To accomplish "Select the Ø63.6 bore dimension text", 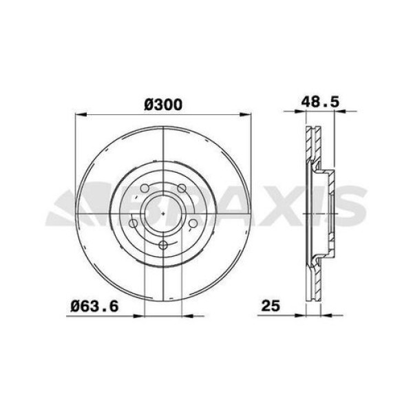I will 90,305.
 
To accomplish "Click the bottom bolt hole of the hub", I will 162,246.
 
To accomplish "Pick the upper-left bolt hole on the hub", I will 145,190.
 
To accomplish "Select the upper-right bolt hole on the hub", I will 180,190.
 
